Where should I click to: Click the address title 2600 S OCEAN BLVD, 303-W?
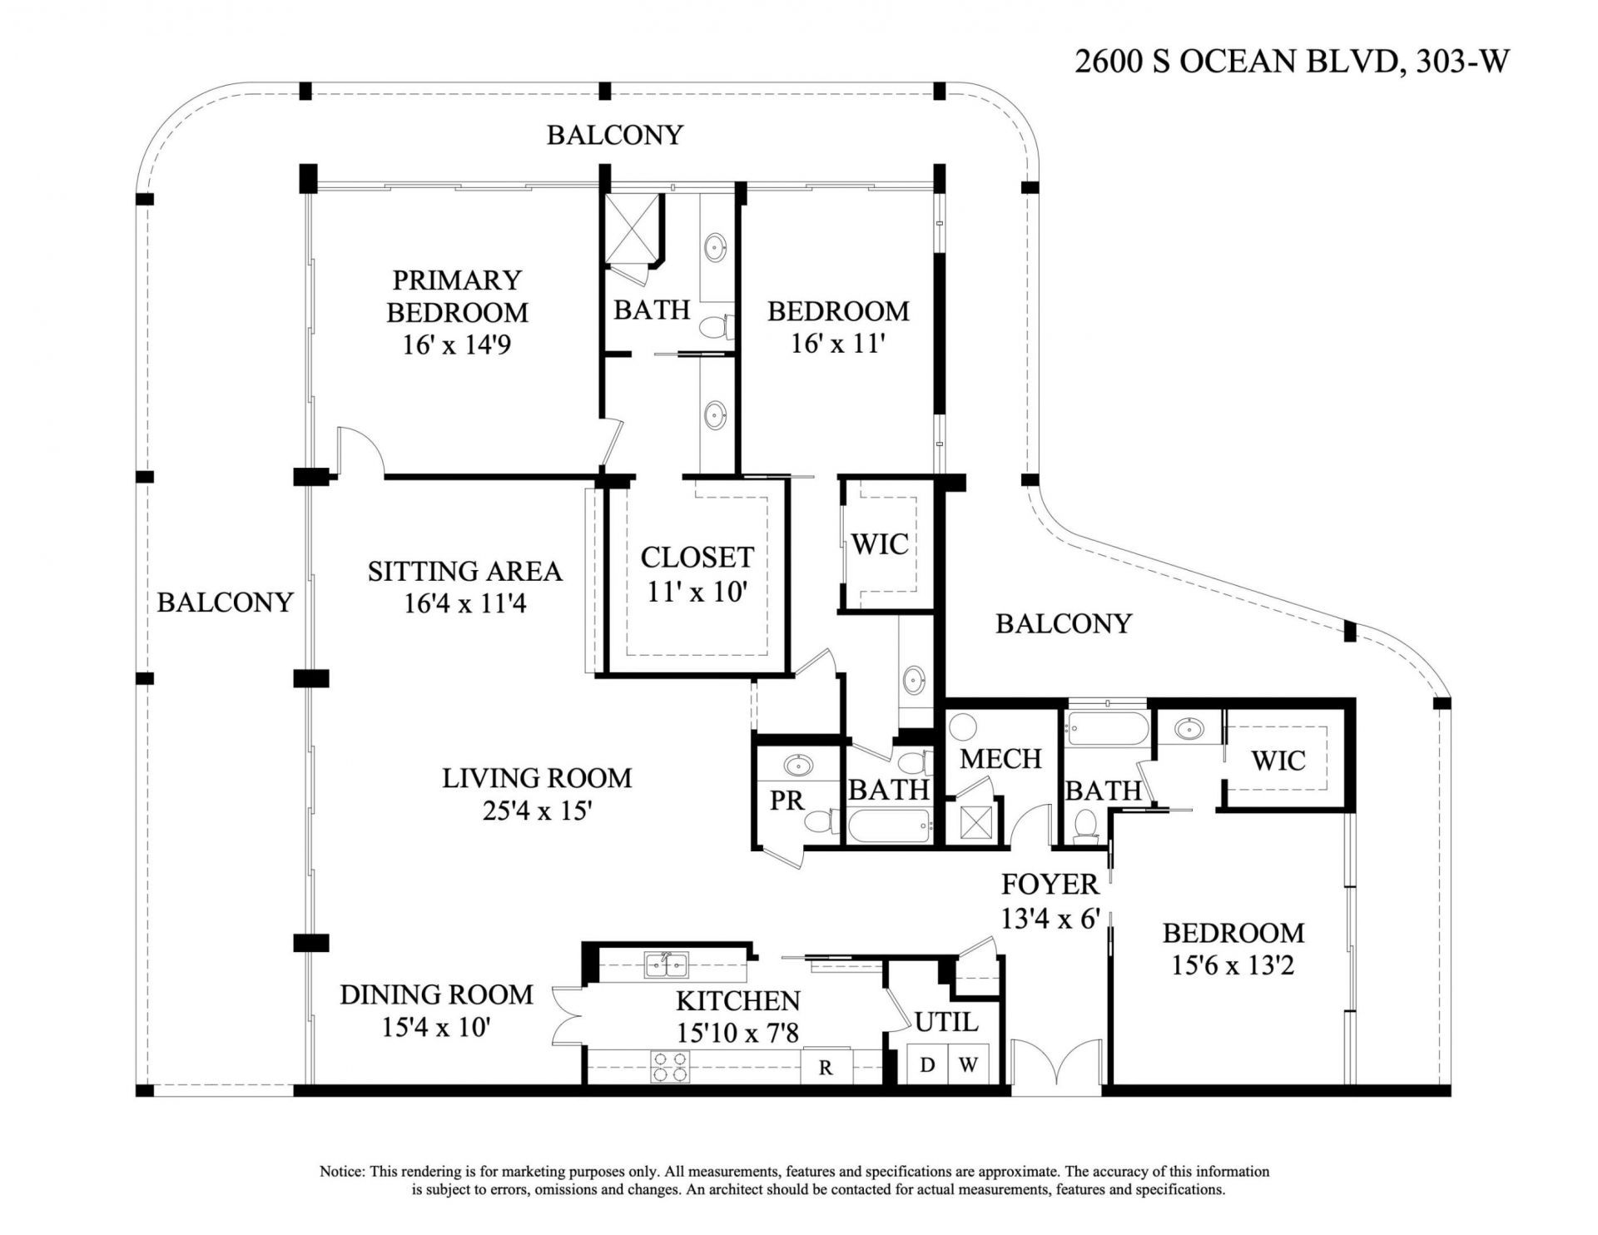coord(1291,62)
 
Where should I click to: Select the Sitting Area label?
coord(464,572)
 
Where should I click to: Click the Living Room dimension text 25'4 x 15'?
coord(536,811)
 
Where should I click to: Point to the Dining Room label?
coord(436,994)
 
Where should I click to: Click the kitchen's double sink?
coord(667,966)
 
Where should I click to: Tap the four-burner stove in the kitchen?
coord(669,1066)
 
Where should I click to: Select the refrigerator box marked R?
coord(826,1068)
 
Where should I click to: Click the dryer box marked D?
coord(926,1066)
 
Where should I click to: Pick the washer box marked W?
coord(967,1066)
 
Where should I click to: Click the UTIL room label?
coord(946,1022)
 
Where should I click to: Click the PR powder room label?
coord(787,801)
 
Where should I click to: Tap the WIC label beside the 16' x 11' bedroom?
coord(880,545)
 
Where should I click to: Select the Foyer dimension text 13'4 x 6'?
coord(1051,919)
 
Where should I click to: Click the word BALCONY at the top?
coord(614,135)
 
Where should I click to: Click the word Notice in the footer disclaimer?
coord(341,1172)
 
